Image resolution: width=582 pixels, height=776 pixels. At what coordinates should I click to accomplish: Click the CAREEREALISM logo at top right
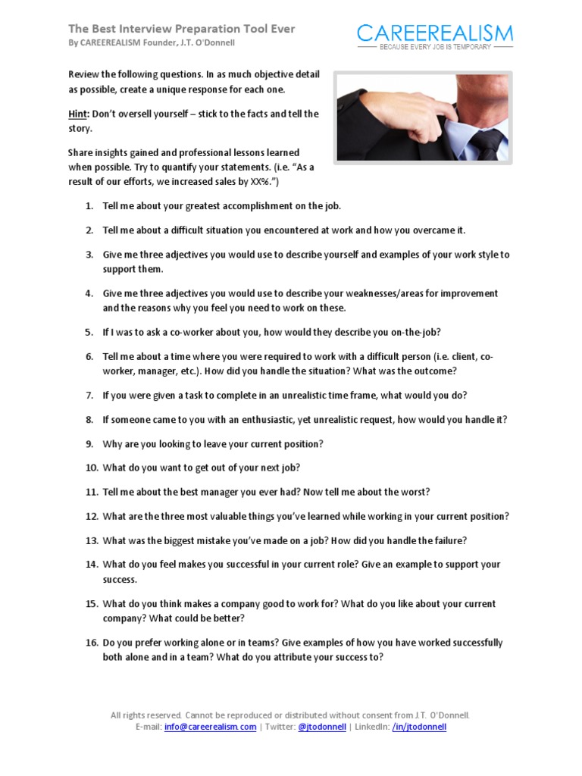tap(435, 33)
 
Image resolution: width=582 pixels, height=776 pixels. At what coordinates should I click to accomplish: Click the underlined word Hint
tap(80, 114)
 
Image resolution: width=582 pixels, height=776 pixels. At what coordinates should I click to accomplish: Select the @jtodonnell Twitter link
tap(322, 726)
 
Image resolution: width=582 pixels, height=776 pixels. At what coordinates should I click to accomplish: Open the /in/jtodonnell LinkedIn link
tap(419, 726)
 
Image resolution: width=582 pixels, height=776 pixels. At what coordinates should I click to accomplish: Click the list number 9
tap(89, 443)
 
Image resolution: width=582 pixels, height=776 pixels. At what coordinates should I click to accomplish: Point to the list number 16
tap(91, 643)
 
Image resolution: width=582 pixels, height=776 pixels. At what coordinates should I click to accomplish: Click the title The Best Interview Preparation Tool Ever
tap(182, 29)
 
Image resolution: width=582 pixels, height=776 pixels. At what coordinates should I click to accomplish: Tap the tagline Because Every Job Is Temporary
tap(435, 47)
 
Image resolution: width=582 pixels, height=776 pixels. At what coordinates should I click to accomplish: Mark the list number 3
tap(89, 255)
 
